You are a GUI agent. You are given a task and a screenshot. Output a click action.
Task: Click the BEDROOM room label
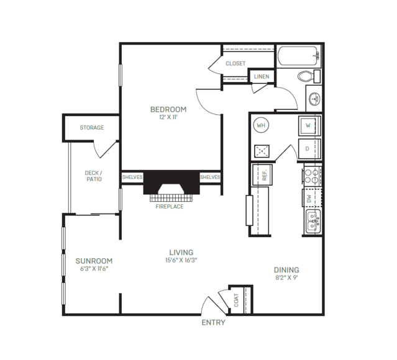pos(168,109)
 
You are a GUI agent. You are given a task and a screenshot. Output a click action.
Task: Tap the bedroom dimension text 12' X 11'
pos(168,117)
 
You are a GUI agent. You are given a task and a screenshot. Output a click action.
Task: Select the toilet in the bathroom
pos(309,76)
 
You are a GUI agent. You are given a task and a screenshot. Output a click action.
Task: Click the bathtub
pos(299,56)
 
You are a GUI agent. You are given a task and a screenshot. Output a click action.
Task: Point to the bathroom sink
pos(314,99)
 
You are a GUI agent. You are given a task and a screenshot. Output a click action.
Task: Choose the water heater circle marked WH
pos(261,125)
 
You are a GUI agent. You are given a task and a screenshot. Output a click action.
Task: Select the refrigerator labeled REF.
pos(262,174)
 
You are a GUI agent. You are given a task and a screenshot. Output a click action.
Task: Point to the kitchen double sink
pos(313,222)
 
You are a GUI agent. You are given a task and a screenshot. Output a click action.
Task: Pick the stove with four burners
pos(312,176)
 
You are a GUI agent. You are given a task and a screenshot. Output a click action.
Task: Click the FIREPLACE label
pos(170,207)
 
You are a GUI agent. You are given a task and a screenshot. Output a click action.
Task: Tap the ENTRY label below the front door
pos(213,322)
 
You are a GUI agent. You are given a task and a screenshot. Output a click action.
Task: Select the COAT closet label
pos(236,300)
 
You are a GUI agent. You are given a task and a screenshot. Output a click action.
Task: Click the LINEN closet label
pos(262,76)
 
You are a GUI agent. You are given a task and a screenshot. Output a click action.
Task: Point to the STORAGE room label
pos(92,127)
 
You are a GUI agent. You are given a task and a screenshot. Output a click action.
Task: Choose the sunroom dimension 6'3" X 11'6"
pos(94,269)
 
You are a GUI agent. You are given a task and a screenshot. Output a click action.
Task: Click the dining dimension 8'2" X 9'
pos(286,277)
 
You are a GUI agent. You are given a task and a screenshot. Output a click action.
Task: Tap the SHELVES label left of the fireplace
pos(132,177)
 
